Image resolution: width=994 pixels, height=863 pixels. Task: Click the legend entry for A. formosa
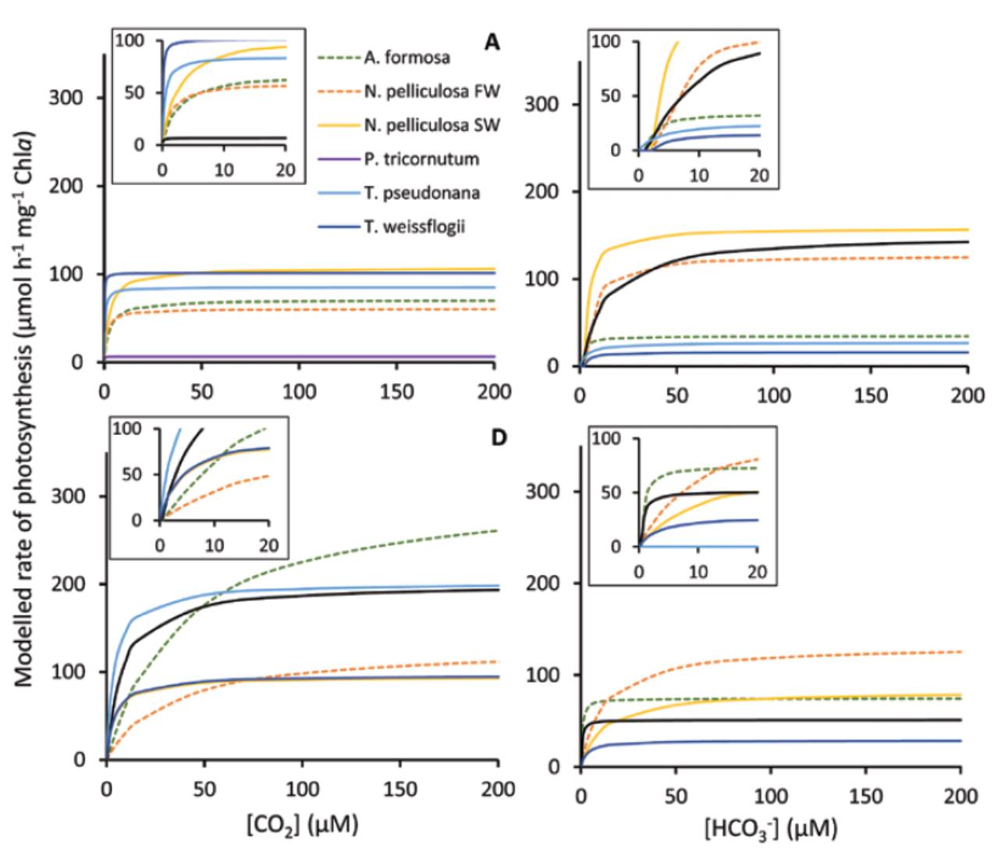point(406,57)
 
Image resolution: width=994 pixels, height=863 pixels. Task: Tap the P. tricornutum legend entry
point(421,159)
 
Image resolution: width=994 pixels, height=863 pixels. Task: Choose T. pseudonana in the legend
point(421,193)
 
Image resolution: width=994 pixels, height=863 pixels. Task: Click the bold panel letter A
point(492,42)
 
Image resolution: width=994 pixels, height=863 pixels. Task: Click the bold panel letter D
point(499,437)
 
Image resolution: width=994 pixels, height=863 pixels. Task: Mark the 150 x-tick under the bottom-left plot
point(400,790)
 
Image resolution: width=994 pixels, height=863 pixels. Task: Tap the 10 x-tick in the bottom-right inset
point(698,572)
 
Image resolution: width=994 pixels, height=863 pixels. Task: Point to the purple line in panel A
point(312,357)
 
